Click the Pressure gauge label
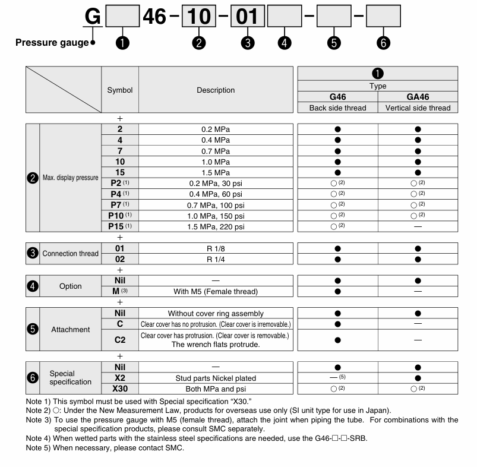(x=51, y=43)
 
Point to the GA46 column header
(x=418, y=97)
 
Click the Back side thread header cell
(x=337, y=108)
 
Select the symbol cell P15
(x=120, y=226)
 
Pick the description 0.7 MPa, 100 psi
(x=216, y=204)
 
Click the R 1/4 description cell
(x=216, y=259)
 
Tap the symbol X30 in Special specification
(x=120, y=389)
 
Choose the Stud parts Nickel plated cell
(x=216, y=378)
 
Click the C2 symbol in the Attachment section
(x=120, y=340)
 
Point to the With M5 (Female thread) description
(x=216, y=292)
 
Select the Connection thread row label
(x=70, y=254)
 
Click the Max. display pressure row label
(x=70, y=178)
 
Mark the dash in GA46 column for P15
(x=418, y=226)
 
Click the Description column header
(x=216, y=90)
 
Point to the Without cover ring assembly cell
(x=216, y=313)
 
